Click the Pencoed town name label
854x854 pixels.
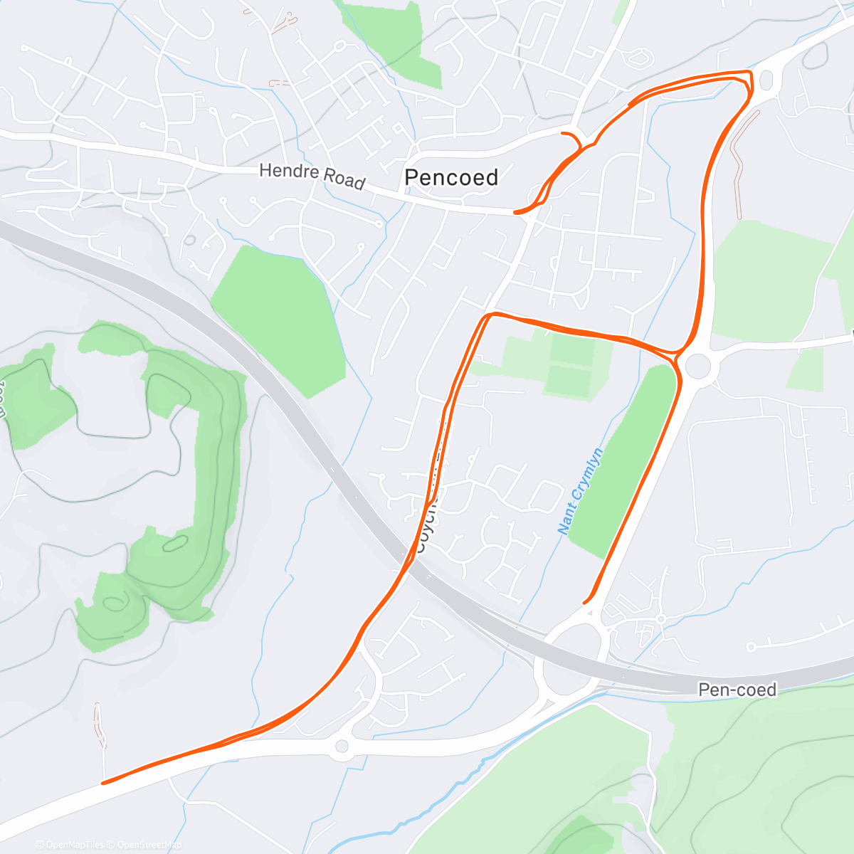tap(451, 177)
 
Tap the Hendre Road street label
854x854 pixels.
tap(312, 175)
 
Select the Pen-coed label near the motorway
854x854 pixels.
tap(737, 689)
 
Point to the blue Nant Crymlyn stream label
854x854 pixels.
tap(580, 491)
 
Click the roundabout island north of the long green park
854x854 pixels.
tap(698, 367)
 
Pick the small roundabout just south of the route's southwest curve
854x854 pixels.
tap(342, 746)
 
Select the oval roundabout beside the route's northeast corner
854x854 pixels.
tap(766, 80)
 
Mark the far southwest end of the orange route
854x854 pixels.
tap(104, 783)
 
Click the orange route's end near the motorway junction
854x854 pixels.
tap(585, 603)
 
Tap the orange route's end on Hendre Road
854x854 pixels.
tap(515, 212)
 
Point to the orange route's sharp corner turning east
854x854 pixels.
tap(488, 314)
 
